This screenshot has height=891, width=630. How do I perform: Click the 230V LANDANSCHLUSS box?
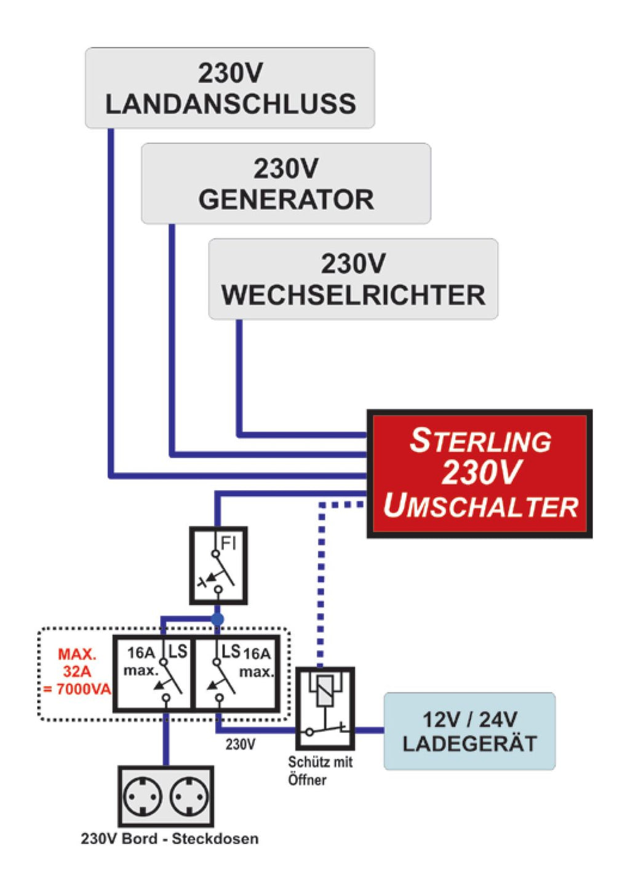coord(229,88)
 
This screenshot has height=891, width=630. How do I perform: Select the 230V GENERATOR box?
coord(285,183)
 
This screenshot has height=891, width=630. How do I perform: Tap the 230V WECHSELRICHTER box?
coord(353,279)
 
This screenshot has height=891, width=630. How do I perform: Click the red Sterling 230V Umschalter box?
coord(479,473)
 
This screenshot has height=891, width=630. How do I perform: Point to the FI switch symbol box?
coord(218,565)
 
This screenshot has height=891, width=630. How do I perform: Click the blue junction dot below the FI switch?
coord(217,619)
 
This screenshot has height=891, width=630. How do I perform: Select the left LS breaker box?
coord(154,673)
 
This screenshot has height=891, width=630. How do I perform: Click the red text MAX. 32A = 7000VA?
coord(77,671)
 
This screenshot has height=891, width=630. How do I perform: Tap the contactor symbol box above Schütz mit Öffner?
coord(324,707)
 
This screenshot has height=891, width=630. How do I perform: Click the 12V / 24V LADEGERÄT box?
coord(469,731)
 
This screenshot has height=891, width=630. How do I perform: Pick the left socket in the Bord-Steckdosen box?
coord(143,797)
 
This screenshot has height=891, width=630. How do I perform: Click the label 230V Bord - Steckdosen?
coord(169,839)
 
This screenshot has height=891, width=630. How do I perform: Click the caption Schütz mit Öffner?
coord(319,770)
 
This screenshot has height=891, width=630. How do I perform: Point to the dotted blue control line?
coord(321,584)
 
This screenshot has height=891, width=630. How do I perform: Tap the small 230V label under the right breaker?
coord(240,745)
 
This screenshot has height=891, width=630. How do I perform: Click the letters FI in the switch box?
coord(228,542)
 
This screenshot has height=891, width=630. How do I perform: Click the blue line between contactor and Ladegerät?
coord(369,731)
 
